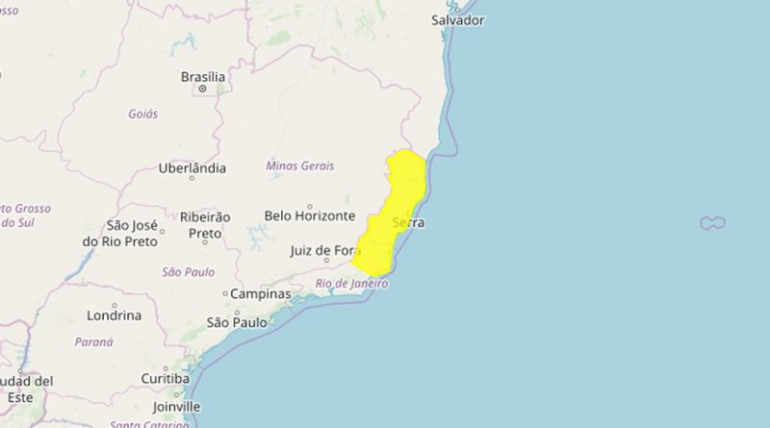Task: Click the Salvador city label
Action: coord(457,20)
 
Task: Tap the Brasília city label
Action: coord(203,77)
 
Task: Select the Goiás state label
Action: coord(142,113)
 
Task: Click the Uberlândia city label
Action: coord(192,168)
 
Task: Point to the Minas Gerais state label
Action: coord(300,165)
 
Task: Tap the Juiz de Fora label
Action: coord(323,251)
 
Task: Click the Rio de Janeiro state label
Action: coord(351,284)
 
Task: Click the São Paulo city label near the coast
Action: coord(237,322)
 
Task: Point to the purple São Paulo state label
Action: coord(189,272)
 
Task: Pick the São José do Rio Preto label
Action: coord(119,233)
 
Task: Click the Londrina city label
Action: coord(114,315)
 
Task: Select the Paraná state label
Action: coord(93,341)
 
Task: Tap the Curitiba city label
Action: coord(165,378)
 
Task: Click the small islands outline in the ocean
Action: coord(712,223)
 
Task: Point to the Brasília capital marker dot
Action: coord(203,89)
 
